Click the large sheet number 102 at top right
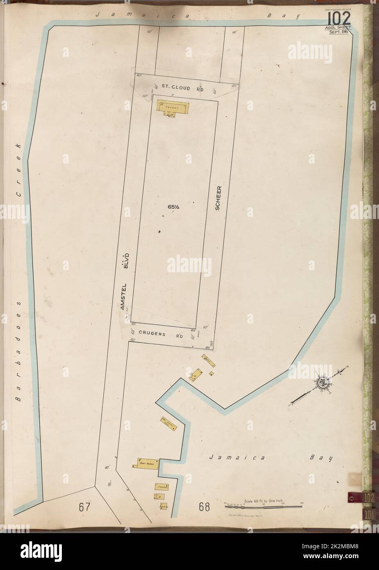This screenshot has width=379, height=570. point(338,18)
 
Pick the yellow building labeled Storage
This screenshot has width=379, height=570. point(163,487)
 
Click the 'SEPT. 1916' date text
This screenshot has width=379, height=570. point(338,32)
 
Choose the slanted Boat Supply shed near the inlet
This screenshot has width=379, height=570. point(168,422)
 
